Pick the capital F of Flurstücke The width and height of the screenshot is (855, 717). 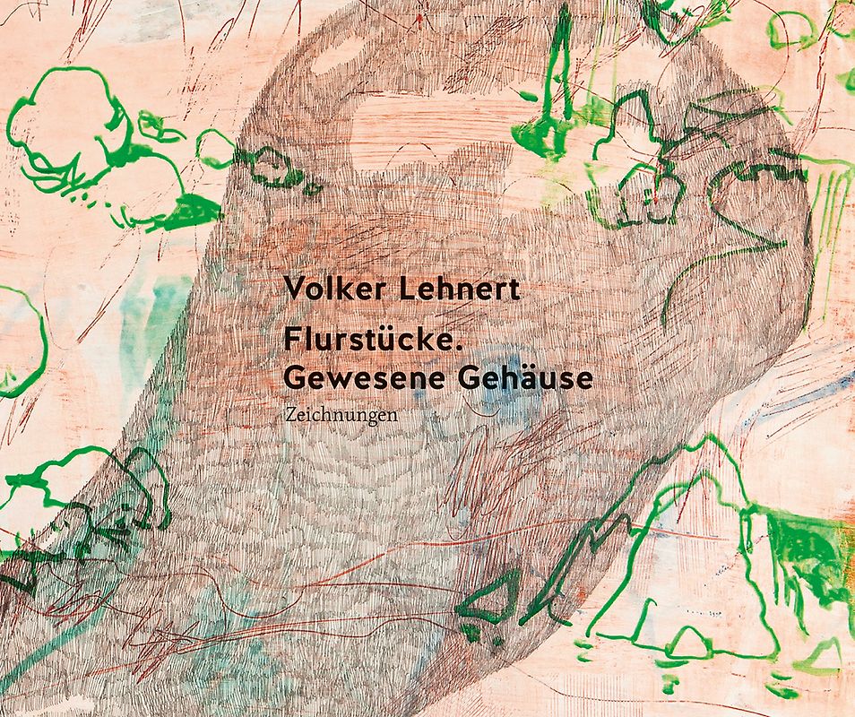290,341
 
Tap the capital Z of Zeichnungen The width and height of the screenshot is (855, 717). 287,416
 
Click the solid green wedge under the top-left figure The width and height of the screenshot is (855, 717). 193,211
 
